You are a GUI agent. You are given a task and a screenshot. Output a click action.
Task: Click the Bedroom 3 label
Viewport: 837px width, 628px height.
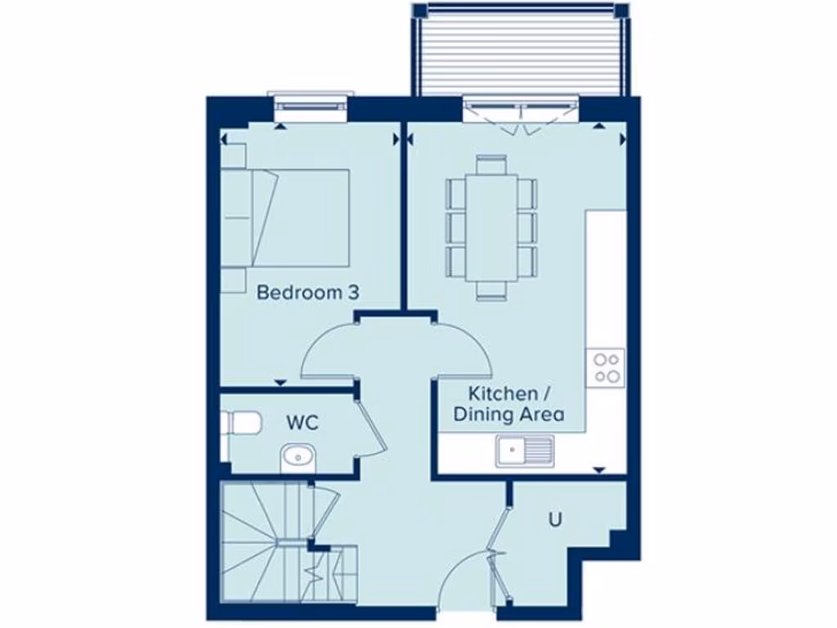coord(307,292)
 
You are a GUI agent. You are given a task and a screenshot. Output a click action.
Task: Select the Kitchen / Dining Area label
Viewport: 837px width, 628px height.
coord(508,404)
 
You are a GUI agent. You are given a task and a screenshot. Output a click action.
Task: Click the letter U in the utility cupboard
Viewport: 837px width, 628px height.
coord(555,518)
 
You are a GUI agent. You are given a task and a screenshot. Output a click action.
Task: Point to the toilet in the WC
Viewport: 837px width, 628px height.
coord(241,423)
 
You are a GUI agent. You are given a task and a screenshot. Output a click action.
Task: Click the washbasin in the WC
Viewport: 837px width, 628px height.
coord(298,457)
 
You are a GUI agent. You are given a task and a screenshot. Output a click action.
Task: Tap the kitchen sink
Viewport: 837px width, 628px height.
coord(524,450)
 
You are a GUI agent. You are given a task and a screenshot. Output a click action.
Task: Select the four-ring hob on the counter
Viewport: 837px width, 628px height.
coord(606,366)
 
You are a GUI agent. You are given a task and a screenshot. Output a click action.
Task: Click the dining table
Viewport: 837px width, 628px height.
coord(491,225)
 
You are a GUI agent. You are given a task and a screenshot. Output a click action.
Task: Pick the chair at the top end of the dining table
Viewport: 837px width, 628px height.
coord(491,163)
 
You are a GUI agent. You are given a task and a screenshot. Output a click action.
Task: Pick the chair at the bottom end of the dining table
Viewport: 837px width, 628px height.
coord(491,289)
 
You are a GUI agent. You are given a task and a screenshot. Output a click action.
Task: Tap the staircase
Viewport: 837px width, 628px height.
coord(262,540)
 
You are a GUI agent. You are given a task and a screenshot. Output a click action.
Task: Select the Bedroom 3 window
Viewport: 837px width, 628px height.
coord(311,107)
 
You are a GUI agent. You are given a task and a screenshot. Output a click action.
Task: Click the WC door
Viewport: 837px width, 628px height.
coord(372,429)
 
